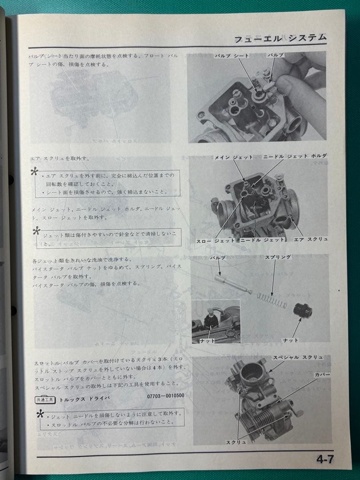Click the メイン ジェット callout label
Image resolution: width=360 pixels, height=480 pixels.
233,157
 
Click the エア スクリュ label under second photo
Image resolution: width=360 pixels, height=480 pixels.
311,240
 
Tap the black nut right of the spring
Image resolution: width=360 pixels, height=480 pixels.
304,310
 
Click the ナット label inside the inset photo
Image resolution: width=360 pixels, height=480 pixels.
207,340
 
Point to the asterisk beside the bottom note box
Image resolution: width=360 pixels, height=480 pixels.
40,415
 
